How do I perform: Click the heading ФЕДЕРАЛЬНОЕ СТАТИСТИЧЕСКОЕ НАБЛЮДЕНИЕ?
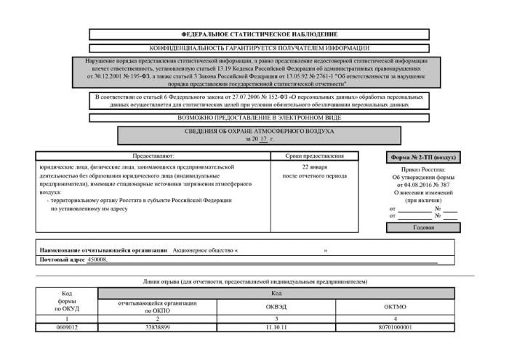point(259,34)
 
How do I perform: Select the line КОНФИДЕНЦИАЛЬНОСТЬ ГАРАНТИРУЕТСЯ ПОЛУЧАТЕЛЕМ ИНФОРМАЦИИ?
point(259,47)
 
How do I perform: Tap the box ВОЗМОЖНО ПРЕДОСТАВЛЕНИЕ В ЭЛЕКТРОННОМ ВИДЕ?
point(259,118)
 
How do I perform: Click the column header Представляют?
point(153,156)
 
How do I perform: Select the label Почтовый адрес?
point(61,260)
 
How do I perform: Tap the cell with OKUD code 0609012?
point(66,328)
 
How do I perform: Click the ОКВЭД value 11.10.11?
point(276,328)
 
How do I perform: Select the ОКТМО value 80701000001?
point(397,328)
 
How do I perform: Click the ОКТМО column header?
point(397,307)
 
